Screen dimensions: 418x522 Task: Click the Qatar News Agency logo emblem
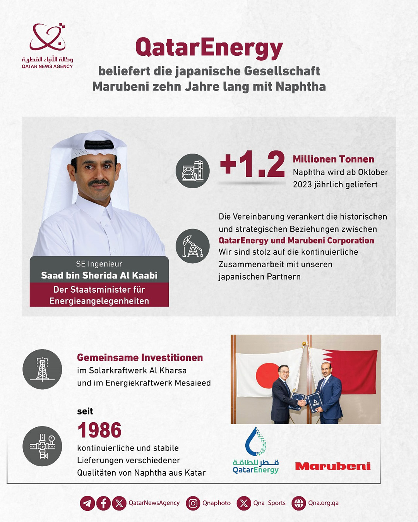[x=47, y=38]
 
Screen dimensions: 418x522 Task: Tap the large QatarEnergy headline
[x=209, y=48]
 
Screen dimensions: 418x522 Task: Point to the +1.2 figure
[x=252, y=164]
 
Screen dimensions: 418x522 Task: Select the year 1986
[x=99, y=430]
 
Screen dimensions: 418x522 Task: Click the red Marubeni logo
[x=332, y=466]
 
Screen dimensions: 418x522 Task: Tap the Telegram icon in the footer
[x=87, y=503]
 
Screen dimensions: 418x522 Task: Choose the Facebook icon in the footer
[x=103, y=503]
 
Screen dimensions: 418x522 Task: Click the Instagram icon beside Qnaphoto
[x=193, y=503]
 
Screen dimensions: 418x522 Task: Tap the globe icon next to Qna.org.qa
[x=299, y=503]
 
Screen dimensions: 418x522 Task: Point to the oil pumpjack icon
[x=192, y=246]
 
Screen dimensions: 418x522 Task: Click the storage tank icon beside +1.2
[x=192, y=171]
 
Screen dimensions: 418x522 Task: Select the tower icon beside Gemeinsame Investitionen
[x=42, y=369]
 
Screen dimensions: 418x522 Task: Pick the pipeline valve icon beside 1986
[x=42, y=446]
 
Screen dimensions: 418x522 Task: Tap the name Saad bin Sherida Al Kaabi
[x=99, y=275]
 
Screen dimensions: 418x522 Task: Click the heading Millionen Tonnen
[x=333, y=159]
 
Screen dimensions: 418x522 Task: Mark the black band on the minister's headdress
[x=99, y=145]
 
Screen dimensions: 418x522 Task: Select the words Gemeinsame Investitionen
[x=140, y=357]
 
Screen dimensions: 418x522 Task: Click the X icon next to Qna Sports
[x=244, y=503]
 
